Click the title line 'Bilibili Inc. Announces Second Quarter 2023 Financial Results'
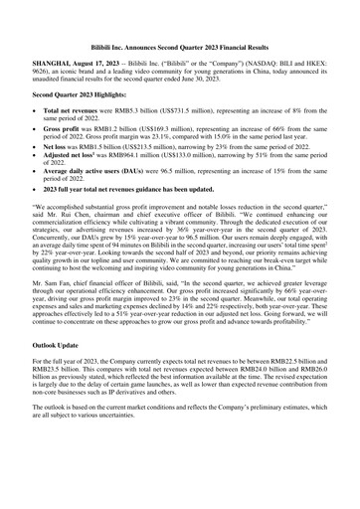tap(180, 47)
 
